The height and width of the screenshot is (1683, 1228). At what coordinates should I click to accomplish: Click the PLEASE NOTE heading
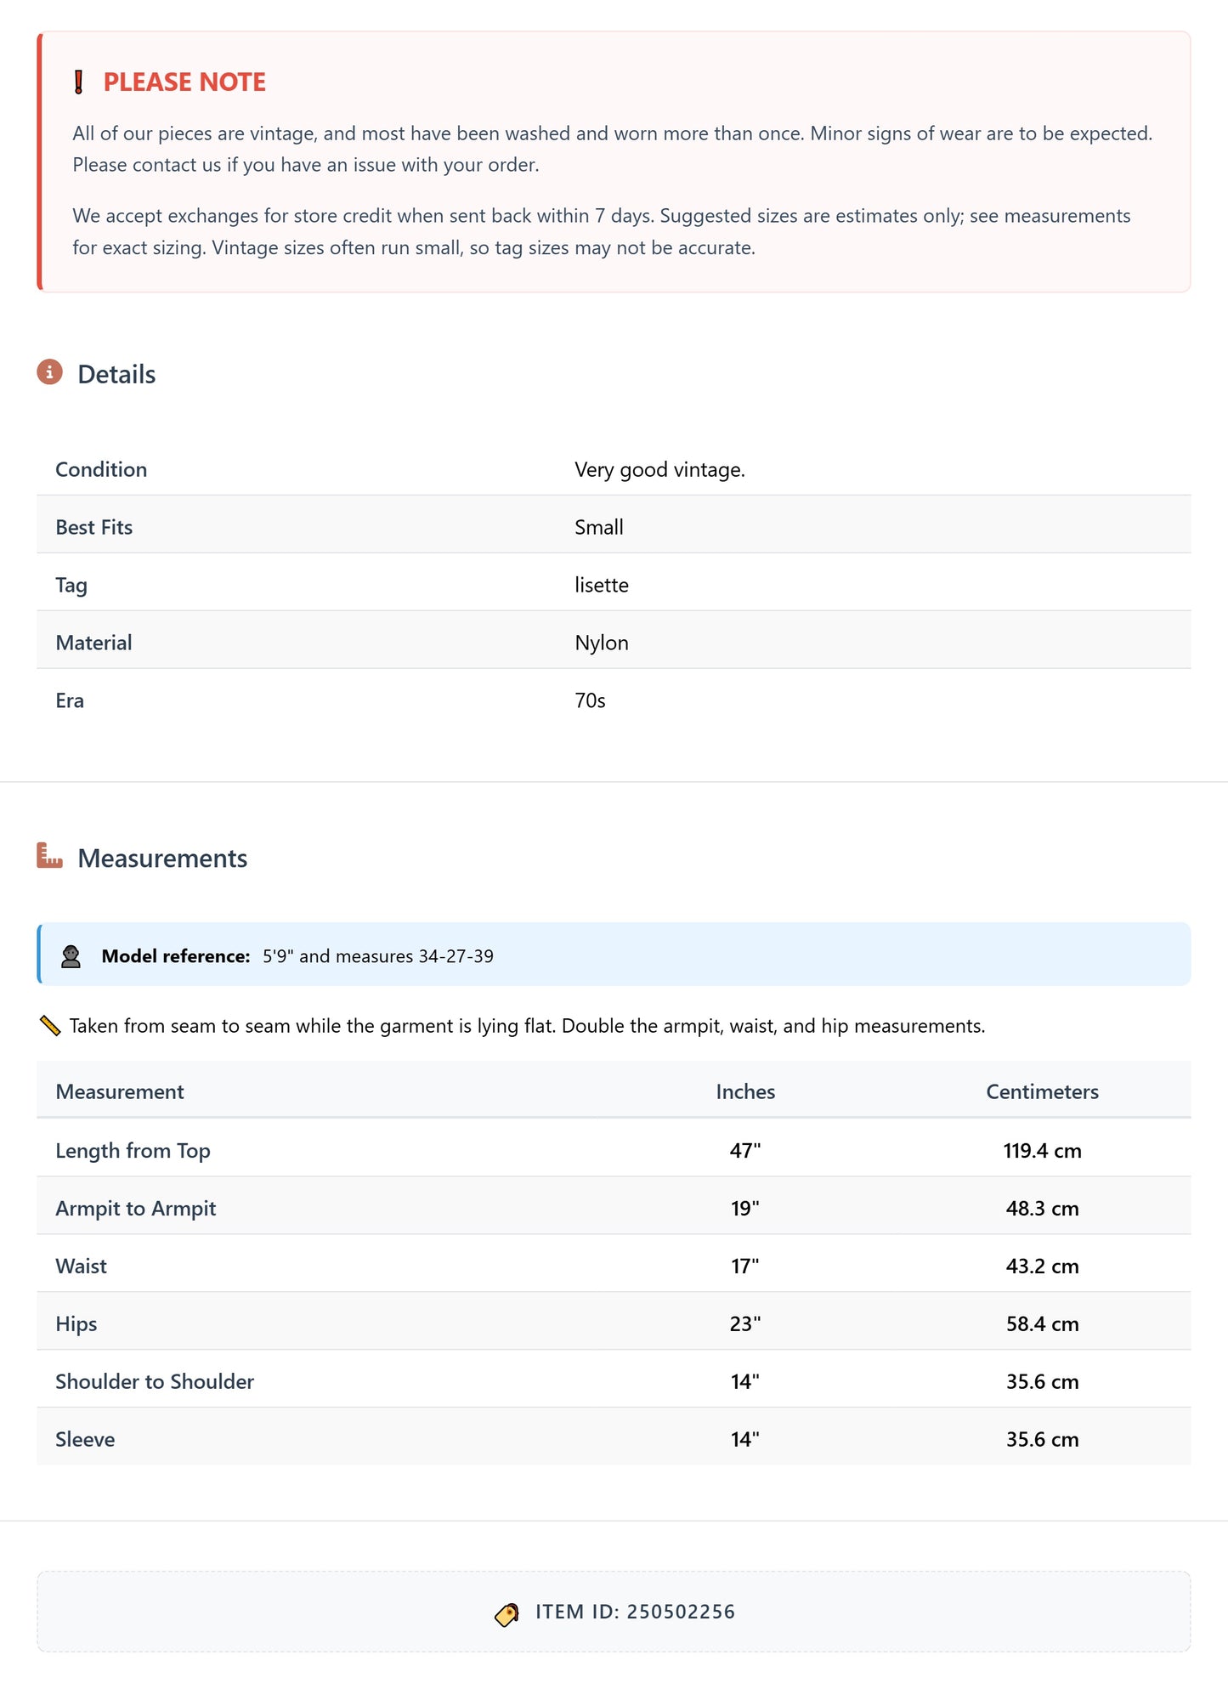click(x=184, y=82)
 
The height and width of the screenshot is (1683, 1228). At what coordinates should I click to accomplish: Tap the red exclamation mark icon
click(x=78, y=82)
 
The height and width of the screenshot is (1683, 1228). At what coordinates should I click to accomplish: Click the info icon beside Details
click(x=49, y=372)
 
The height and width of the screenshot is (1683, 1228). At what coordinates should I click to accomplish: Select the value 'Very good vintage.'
click(x=659, y=469)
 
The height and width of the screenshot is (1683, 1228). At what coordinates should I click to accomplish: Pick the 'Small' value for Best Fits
click(x=598, y=527)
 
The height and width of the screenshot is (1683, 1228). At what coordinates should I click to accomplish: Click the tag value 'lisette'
click(x=601, y=585)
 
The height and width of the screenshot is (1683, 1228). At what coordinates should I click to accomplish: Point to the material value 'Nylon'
click(x=601, y=643)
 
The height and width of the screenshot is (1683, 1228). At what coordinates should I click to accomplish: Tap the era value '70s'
click(x=590, y=700)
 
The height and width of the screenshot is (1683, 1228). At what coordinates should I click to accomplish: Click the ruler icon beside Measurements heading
click(x=50, y=856)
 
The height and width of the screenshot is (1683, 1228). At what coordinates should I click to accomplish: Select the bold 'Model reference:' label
click(x=176, y=955)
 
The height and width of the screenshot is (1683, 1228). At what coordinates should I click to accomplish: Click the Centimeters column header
click(x=1042, y=1091)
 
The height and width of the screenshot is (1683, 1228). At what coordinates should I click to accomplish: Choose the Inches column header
click(x=745, y=1091)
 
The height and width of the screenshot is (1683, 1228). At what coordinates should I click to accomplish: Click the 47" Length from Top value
click(x=745, y=1150)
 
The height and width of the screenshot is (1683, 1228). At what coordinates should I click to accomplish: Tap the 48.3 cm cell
click(x=1042, y=1208)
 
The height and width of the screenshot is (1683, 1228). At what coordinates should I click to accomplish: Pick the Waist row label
click(x=81, y=1266)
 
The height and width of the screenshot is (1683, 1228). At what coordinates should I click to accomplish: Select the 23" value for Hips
click(x=745, y=1323)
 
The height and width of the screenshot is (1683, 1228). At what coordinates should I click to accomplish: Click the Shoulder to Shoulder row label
click(x=155, y=1381)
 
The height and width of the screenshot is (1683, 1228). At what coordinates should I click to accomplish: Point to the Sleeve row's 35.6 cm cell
click(x=1042, y=1439)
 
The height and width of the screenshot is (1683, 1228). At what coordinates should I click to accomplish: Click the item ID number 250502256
click(x=681, y=1612)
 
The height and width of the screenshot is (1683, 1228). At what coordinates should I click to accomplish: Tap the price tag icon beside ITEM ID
click(x=507, y=1613)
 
